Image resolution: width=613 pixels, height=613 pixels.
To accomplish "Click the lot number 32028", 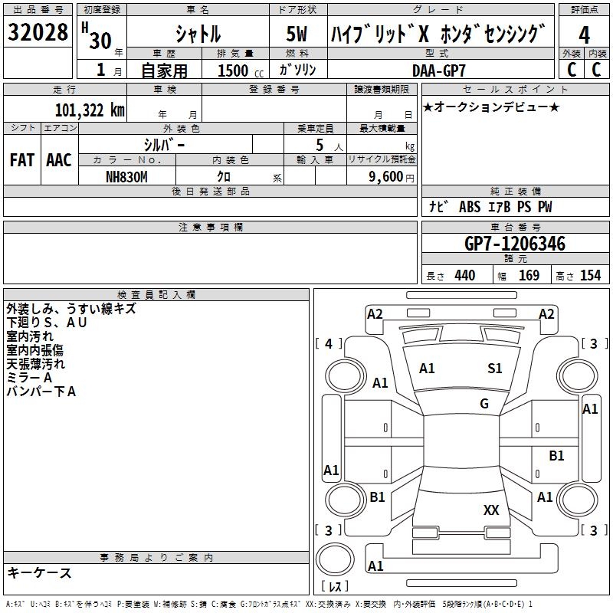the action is pyautogui.click(x=38, y=32).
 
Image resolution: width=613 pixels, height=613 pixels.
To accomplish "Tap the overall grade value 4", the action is pyautogui.click(x=584, y=34).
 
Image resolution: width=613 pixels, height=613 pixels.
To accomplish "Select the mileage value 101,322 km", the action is pyautogui.click(x=90, y=110).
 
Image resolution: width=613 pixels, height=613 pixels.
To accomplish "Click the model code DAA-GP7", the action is pyautogui.click(x=438, y=70).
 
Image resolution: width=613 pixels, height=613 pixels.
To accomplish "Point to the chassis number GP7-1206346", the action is pyautogui.click(x=515, y=244).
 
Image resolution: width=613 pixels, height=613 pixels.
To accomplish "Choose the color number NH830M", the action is pyautogui.click(x=126, y=177).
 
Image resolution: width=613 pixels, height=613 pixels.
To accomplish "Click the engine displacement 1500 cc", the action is pyautogui.click(x=241, y=70).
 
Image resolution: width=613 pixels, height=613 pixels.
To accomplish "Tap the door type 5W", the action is pyautogui.click(x=297, y=34).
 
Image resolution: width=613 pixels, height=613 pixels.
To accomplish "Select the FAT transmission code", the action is pyautogui.click(x=22, y=160).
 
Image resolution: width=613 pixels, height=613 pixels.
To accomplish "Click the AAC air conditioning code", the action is pyautogui.click(x=59, y=160).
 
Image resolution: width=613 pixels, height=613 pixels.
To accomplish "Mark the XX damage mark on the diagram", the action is pyautogui.click(x=491, y=510).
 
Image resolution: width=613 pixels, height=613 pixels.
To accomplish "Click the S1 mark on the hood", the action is pyautogui.click(x=494, y=369).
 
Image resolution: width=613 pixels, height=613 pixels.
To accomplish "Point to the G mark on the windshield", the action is pyautogui.click(x=484, y=404).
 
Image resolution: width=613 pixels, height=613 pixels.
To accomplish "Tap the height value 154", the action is pyautogui.click(x=590, y=275).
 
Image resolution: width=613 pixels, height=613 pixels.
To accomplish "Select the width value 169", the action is pyautogui.click(x=529, y=275).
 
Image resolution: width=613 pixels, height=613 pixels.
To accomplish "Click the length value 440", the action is pyautogui.click(x=465, y=275).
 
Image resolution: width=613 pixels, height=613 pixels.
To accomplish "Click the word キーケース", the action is pyautogui.click(x=40, y=573).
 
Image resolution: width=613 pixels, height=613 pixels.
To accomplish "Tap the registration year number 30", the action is pyautogui.click(x=100, y=41).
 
